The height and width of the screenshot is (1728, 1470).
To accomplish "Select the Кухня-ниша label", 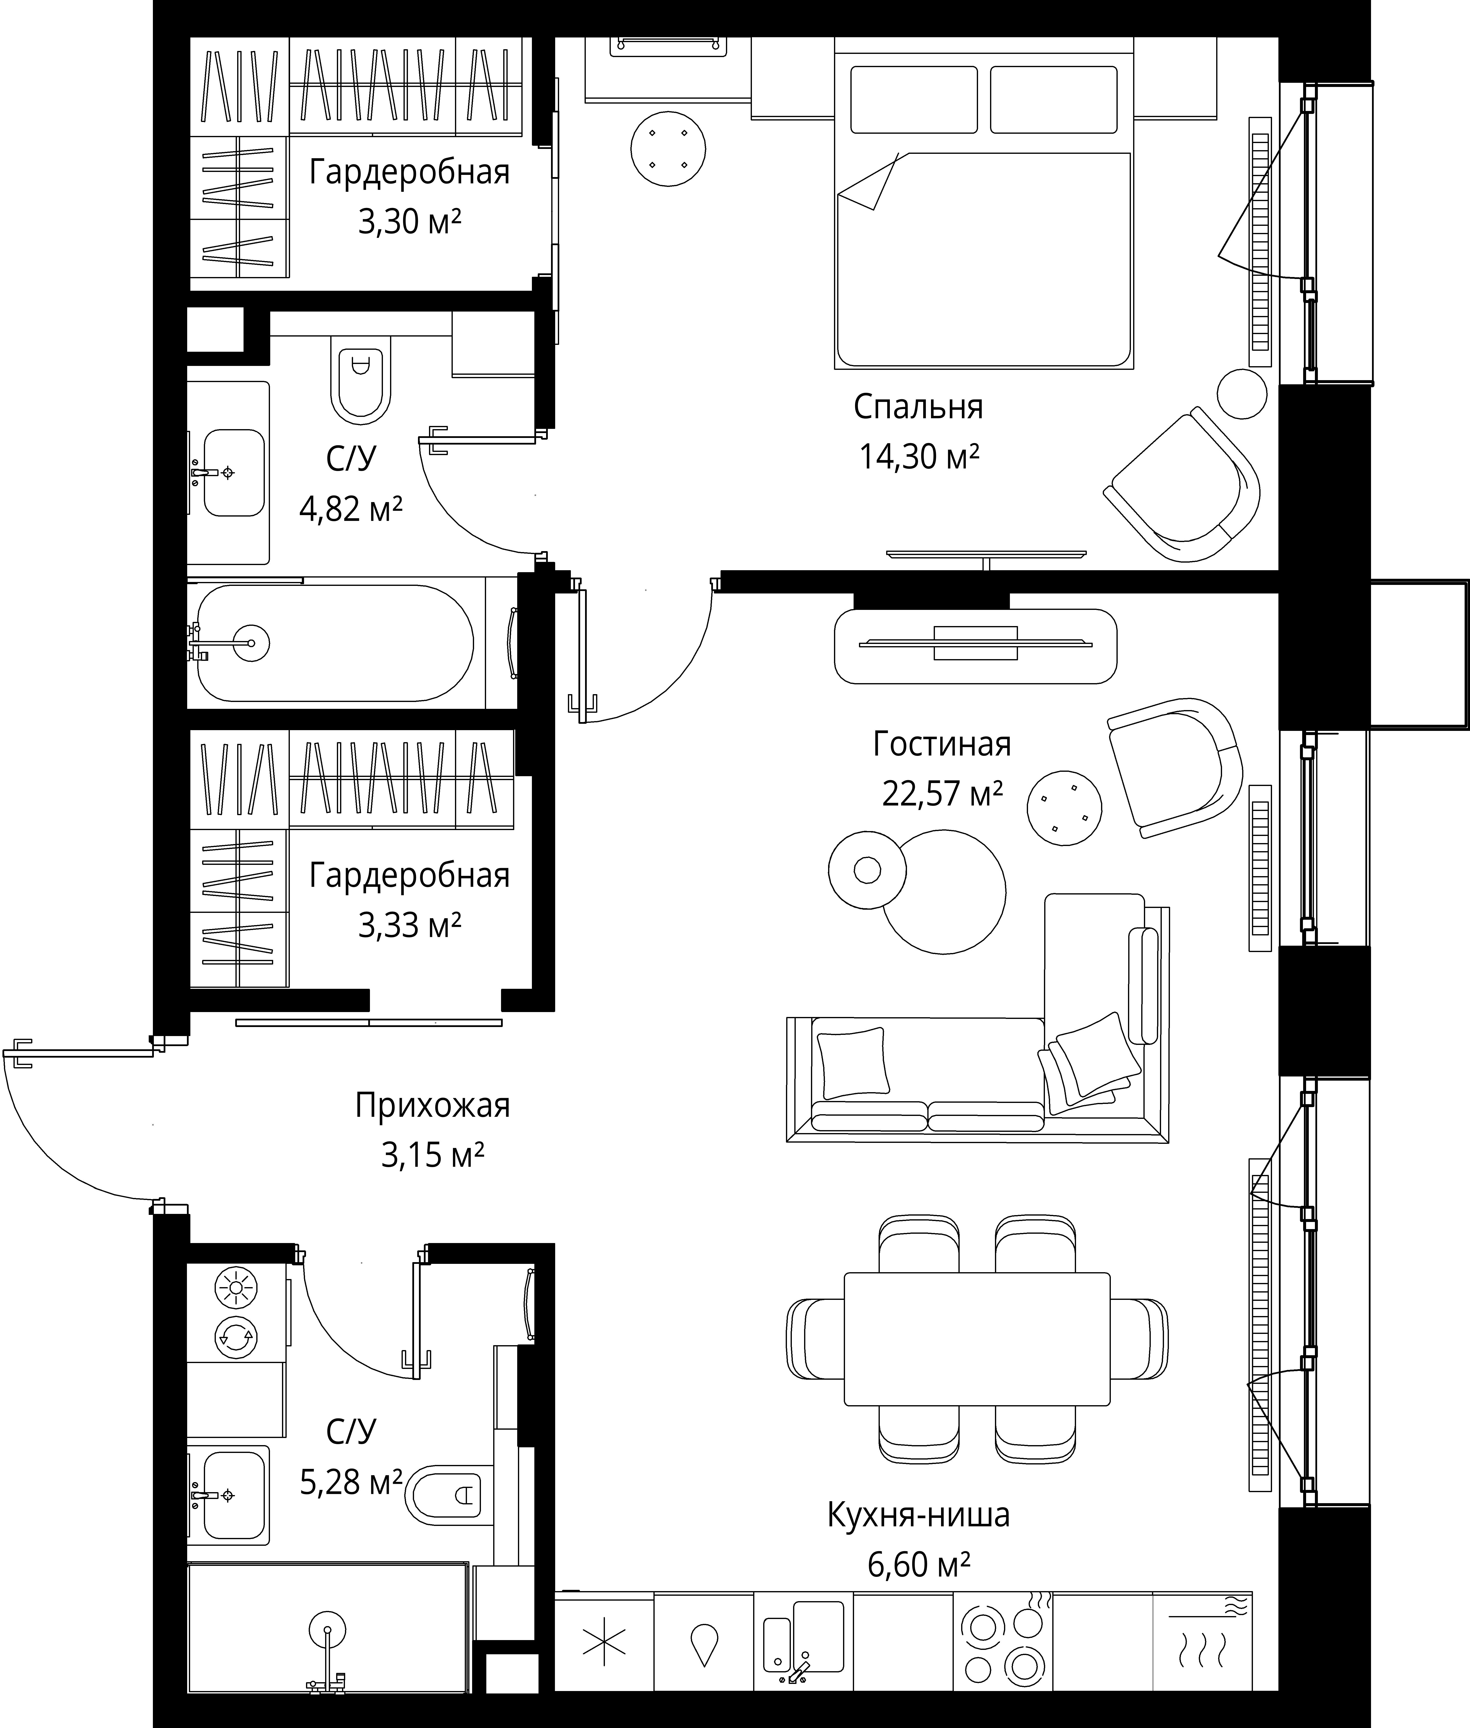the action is (918, 1516).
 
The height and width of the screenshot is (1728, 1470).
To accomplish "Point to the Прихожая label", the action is (432, 1106).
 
